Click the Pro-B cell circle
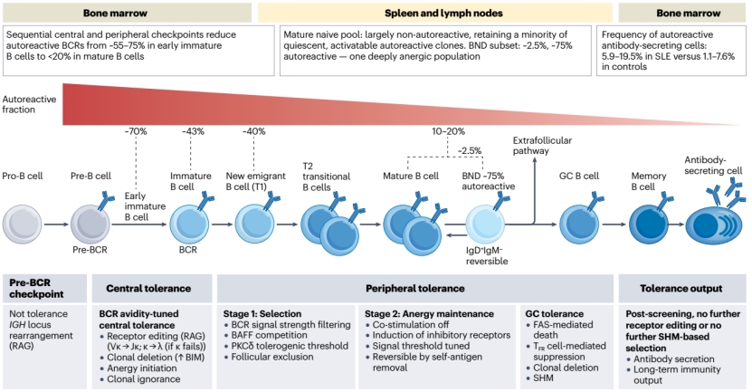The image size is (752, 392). pyautogui.click(x=22, y=225)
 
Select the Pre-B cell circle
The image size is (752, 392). pyautogui.click(x=90, y=225)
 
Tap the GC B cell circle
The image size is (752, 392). pyautogui.click(x=579, y=225)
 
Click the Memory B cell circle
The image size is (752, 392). pyautogui.click(x=649, y=225)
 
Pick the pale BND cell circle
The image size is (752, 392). pyautogui.click(x=485, y=225)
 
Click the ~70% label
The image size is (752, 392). pyautogui.click(x=136, y=131)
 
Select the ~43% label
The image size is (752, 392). pyautogui.click(x=193, y=131)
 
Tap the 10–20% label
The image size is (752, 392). pyautogui.click(x=448, y=131)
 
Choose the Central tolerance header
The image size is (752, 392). pyautogui.click(x=148, y=289)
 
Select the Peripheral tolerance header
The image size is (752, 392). pyautogui.click(x=414, y=289)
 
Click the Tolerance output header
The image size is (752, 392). pyautogui.click(x=681, y=289)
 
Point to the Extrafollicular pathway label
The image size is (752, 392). pyautogui.click(x=542, y=146)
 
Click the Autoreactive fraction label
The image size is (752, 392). pyautogui.click(x=29, y=104)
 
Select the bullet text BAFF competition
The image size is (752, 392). pyautogui.click(x=269, y=335)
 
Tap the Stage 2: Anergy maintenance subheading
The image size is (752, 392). pyautogui.click(x=429, y=314)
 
